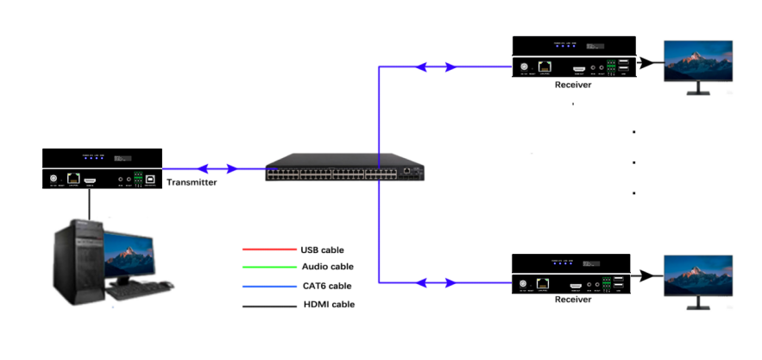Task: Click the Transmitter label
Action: tap(191, 182)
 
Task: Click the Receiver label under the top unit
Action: tap(573, 85)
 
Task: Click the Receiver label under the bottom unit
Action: tap(573, 300)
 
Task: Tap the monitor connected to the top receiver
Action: tap(697, 61)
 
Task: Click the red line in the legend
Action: tap(264, 250)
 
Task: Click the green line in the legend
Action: tap(264, 268)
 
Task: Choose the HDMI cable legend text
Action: tap(327, 304)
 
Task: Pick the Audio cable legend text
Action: tap(327, 267)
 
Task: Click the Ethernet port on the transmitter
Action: tap(72, 179)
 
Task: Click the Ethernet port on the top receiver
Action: tap(545, 66)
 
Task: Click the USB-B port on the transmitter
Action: tap(150, 179)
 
